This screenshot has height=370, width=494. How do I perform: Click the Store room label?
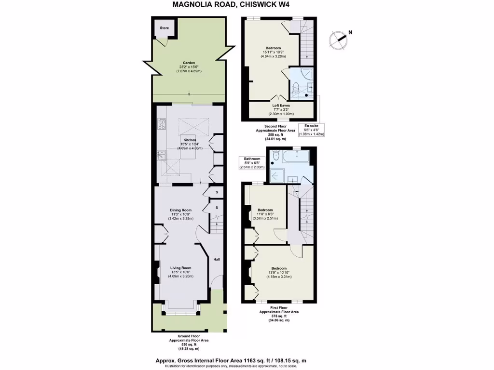(165, 28)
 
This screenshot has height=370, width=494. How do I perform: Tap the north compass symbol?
(339, 38)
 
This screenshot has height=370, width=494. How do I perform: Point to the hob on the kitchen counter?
(161, 124)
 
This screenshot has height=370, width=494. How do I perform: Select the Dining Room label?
(180, 210)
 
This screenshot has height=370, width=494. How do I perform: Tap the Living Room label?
(180, 268)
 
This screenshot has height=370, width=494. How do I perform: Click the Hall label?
(217, 260)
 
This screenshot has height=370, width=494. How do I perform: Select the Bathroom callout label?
(251, 159)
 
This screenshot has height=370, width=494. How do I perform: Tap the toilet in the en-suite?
(296, 87)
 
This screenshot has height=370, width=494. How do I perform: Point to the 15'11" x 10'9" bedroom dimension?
(273, 52)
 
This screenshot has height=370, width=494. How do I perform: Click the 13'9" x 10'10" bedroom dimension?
(279, 273)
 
